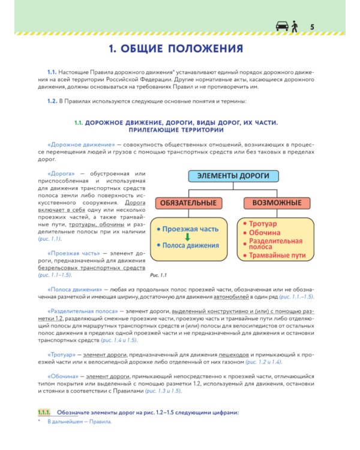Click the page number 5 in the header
coord(312,26)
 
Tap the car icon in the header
coord(281,26)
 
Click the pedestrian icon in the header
coord(294,26)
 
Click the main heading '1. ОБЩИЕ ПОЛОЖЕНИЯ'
coord(179,48)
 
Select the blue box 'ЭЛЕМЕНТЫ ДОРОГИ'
coord(233,176)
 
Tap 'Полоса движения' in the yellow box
coord(189,245)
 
